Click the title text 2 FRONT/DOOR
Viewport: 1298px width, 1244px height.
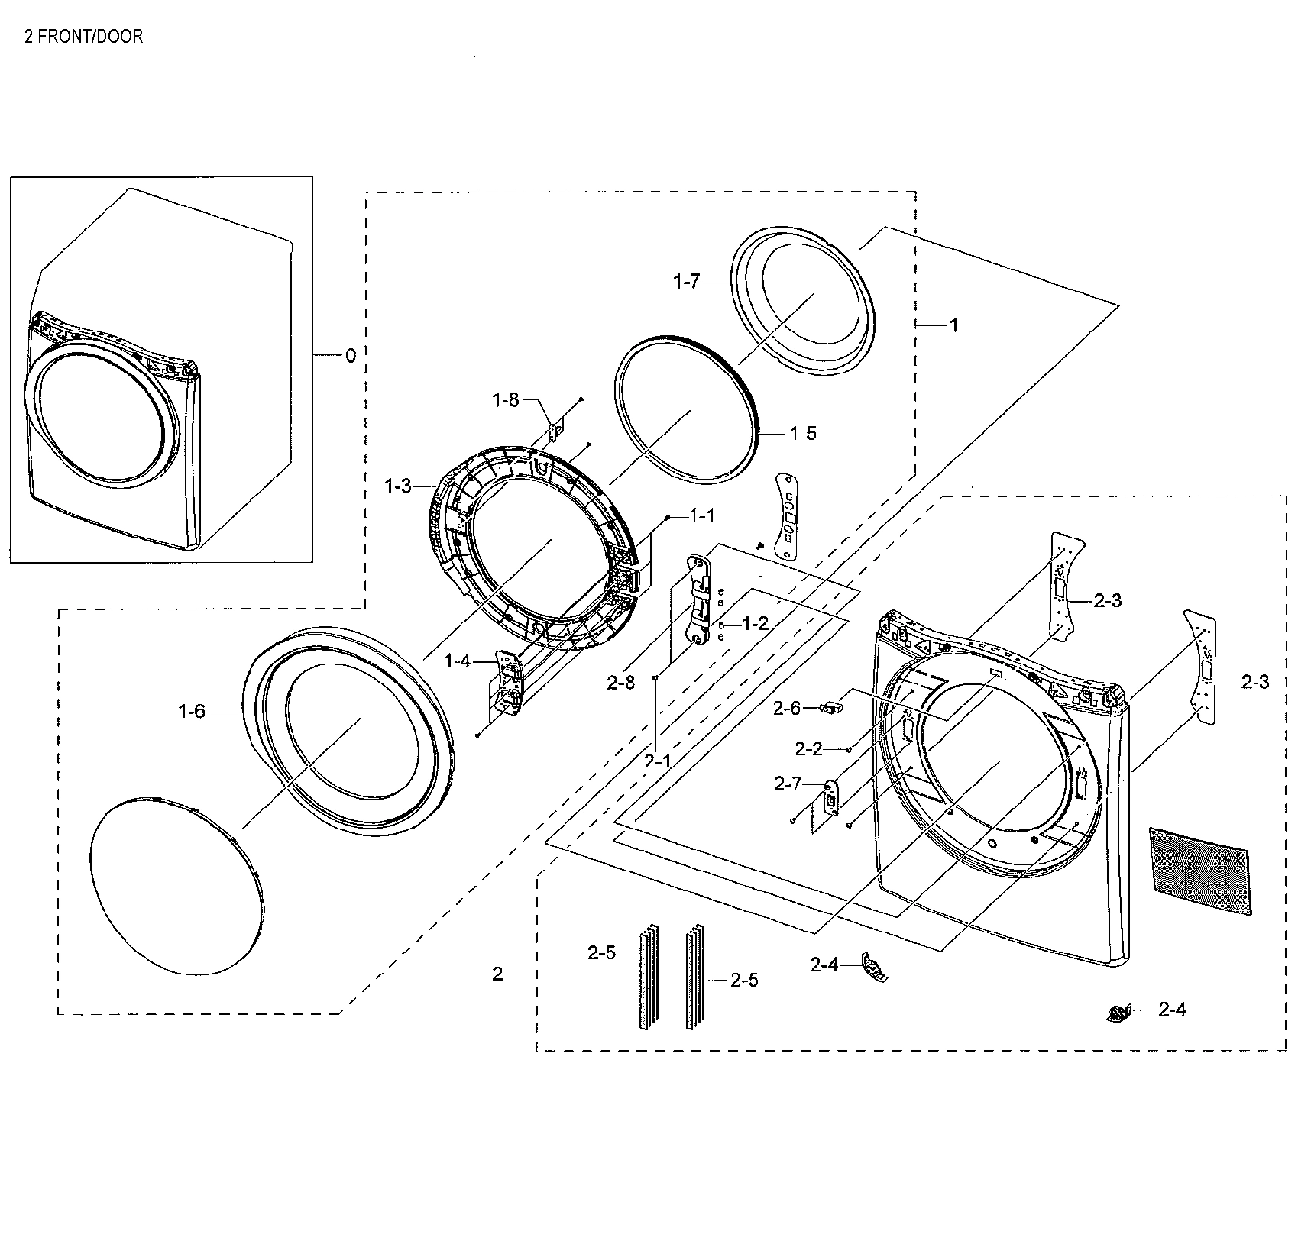[x=84, y=36]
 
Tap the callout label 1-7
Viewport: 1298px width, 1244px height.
[x=686, y=283]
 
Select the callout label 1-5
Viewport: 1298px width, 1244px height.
[x=802, y=433]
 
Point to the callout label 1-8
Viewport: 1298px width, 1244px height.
[x=506, y=399]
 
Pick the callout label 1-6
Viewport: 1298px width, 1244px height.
[x=192, y=712]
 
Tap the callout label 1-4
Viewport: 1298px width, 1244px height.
[x=458, y=661]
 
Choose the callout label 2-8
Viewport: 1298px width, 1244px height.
[x=621, y=683]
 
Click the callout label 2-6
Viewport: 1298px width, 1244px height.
[x=787, y=709]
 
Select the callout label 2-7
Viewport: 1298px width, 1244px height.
[x=788, y=784]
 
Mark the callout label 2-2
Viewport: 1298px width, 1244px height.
[x=808, y=749]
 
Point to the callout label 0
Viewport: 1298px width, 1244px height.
[x=351, y=355]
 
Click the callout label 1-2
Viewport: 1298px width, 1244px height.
[x=754, y=624]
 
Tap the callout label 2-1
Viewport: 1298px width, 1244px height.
[x=657, y=761]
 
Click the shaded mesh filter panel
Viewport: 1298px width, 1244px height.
[x=1202, y=871]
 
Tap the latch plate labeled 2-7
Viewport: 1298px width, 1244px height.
[x=830, y=798]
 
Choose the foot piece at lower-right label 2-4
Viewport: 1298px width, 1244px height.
[x=1117, y=1013]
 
